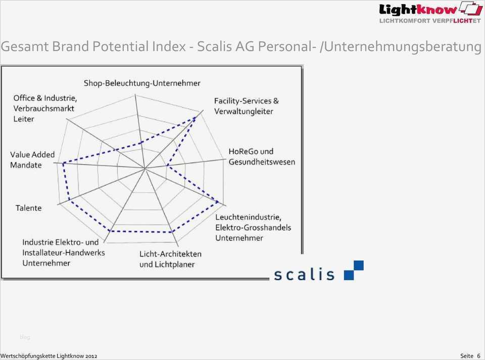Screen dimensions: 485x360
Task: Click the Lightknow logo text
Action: click(418, 10)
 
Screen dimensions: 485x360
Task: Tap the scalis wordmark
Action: click(304, 274)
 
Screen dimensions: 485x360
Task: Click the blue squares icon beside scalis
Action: click(354, 271)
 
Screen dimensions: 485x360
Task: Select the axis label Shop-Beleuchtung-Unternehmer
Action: click(142, 83)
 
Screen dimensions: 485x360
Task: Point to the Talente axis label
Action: click(28, 208)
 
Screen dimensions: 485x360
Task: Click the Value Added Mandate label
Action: click(32, 160)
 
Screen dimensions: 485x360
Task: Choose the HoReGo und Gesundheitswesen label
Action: click(262, 157)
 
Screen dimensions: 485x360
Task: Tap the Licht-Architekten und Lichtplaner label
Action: click(170, 259)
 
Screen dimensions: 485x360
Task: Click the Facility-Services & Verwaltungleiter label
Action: click(246, 106)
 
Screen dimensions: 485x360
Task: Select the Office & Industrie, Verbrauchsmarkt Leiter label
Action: click(45, 109)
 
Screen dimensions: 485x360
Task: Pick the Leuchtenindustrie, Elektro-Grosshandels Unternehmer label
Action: click(253, 227)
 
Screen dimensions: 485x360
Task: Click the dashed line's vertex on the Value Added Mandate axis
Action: click(64, 163)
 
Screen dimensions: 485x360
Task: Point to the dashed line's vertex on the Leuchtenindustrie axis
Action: click(218, 202)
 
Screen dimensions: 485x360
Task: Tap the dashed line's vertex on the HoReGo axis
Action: click(167, 166)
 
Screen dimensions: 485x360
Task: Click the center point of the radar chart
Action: click(144, 169)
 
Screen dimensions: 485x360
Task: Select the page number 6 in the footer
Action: click(478, 355)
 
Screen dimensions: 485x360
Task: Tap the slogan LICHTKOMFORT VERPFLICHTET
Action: click(430, 21)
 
